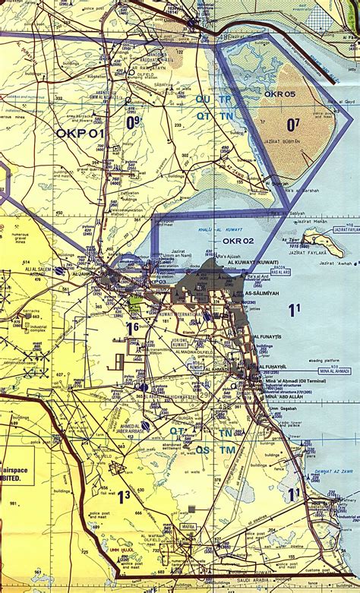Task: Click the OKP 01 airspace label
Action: [80, 133]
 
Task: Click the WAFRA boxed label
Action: [188, 525]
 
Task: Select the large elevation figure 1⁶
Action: [132, 327]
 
